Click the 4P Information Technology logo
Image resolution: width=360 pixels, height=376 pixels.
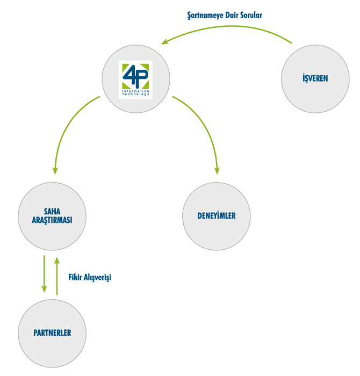pyautogui.click(x=135, y=78)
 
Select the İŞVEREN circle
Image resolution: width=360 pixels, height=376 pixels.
pyautogui.click(x=315, y=78)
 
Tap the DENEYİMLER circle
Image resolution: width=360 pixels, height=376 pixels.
pyautogui.click(x=217, y=216)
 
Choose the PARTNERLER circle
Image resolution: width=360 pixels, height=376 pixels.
pyautogui.click(x=52, y=333)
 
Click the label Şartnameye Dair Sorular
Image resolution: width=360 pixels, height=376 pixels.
pyautogui.click(x=221, y=16)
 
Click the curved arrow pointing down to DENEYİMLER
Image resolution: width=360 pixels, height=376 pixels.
pyautogui.click(x=204, y=124)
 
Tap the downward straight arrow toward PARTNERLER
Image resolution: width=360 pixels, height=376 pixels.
pyautogui.click(x=44, y=274)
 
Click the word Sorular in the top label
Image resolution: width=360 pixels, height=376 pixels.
pyautogui.click(x=250, y=16)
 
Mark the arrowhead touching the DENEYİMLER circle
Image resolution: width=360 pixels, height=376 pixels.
pyautogui.click(x=217, y=170)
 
